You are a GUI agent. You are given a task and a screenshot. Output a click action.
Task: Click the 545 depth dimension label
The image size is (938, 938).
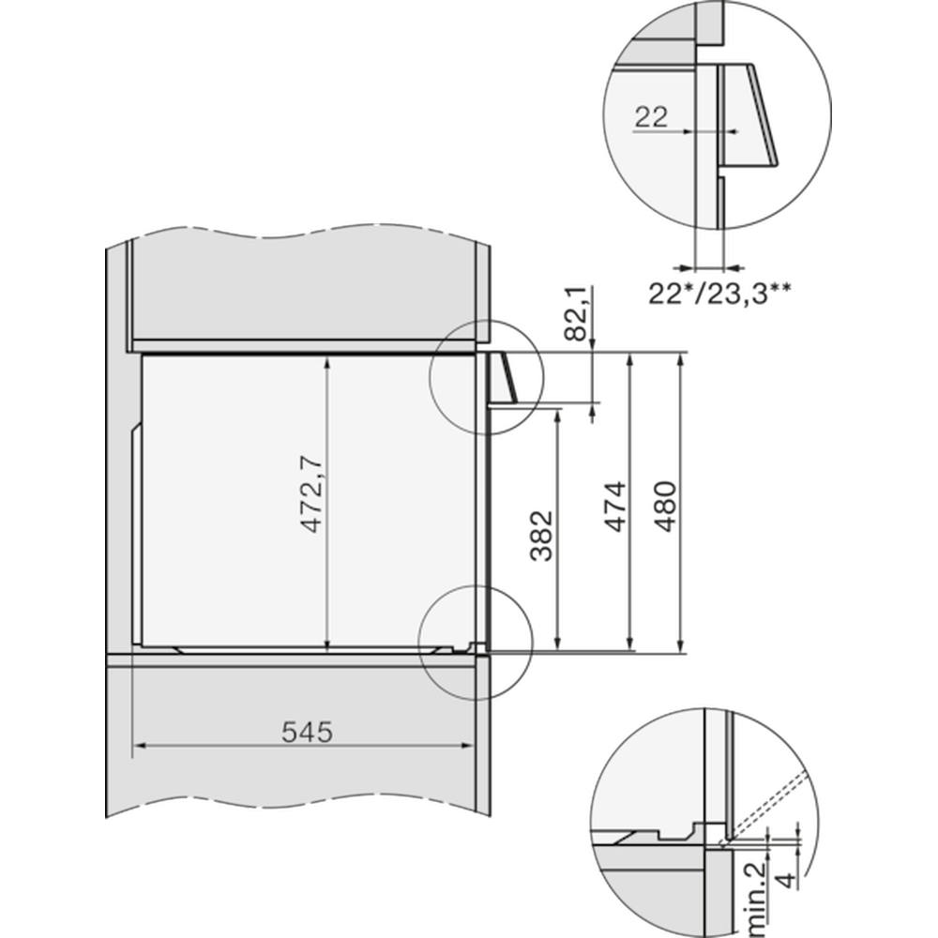[x=307, y=732]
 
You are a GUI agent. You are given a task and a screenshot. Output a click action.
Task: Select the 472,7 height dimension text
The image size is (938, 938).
[x=311, y=493]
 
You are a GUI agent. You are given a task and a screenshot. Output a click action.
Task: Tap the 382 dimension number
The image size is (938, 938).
[x=542, y=535]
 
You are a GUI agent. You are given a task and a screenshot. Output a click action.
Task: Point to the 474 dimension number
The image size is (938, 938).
[x=615, y=506]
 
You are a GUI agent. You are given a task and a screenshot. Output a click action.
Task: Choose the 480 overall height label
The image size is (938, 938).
[x=665, y=507]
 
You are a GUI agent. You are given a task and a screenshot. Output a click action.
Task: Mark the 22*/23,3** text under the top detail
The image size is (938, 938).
[x=719, y=294]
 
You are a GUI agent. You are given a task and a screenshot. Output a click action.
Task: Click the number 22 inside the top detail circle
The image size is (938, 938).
[x=651, y=116]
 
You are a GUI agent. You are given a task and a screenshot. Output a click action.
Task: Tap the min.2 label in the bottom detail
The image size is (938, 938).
[x=755, y=899]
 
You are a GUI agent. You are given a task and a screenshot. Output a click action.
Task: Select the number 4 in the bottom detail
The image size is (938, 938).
[x=790, y=880]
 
